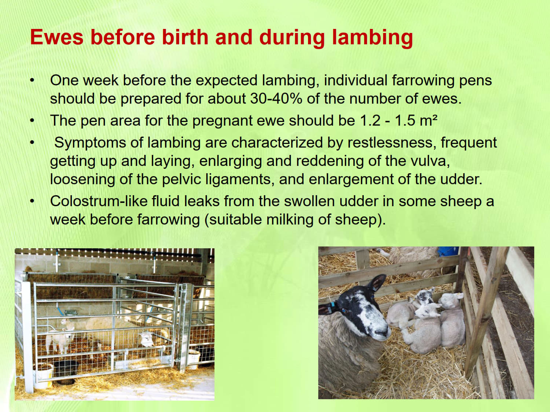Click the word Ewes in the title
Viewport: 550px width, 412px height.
(x=56, y=37)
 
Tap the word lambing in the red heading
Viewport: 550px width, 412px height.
(x=372, y=38)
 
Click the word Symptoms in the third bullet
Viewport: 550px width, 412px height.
(x=99, y=143)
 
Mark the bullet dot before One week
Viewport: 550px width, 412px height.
(x=32, y=80)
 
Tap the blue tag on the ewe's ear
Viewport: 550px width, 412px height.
(x=333, y=305)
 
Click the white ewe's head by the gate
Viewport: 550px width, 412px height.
(x=148, y=338)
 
